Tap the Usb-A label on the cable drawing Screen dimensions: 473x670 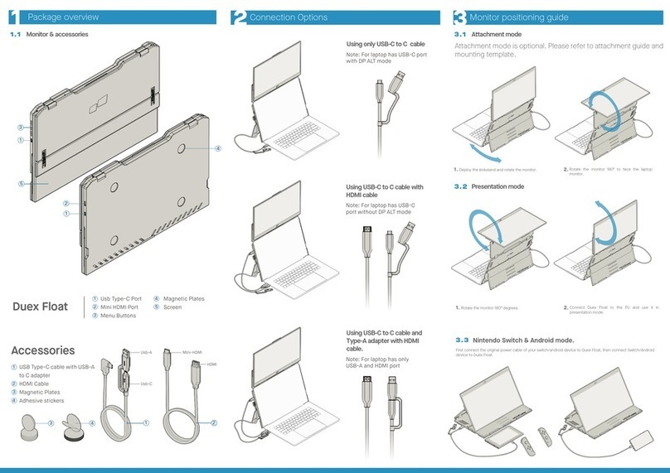coord(146,352)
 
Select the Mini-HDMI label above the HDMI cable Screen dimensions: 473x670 coord(193,352)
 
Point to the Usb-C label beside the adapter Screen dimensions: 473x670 coord(146,384)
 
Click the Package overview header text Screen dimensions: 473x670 coord(63,17)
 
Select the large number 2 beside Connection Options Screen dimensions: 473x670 coord(238,17)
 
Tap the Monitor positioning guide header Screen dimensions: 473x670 coord(529,17)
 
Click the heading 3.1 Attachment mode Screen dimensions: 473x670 coord(488,35)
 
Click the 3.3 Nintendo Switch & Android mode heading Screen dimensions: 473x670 coord(515,340)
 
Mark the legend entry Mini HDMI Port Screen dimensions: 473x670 coord(120,307)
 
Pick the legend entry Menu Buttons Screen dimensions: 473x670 coord(118,316)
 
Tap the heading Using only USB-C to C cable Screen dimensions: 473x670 coord(386,45)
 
